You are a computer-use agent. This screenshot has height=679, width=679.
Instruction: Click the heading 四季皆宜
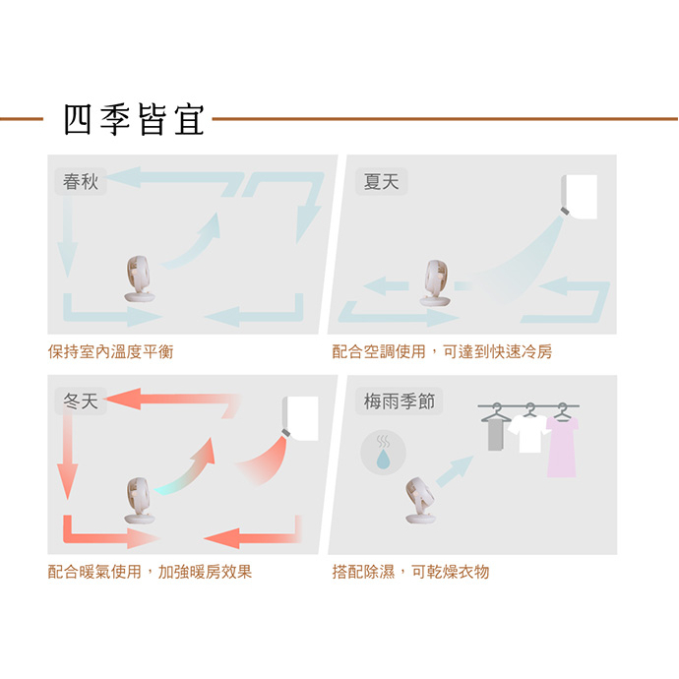tap(134, 119)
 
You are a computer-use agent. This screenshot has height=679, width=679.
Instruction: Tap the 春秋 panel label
tap(81, 181)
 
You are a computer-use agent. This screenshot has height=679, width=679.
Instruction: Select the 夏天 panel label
tap(381, 181)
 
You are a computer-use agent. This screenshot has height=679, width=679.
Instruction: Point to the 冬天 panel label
tap(81, 401)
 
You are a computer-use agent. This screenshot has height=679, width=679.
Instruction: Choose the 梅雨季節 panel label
tap(399, 401)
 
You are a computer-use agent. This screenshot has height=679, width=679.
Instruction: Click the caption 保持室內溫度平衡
tap(111, 351)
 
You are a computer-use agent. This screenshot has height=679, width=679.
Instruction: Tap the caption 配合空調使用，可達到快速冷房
tap(442, 351)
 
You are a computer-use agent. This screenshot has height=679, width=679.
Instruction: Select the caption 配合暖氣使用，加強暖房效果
tap(150, 572)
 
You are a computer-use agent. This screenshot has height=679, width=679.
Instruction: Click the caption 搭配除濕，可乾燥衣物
tap(410, 572)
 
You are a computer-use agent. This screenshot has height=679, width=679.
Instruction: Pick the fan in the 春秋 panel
tap(139, 279)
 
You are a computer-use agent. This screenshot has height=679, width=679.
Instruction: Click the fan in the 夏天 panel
tap(436, 283)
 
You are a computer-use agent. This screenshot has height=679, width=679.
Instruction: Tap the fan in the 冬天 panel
tap(139, 501)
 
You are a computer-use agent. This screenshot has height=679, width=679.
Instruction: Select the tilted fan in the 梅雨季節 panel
tap(420, 501)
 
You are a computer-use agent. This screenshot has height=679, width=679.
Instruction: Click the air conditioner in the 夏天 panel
tap(580, 196)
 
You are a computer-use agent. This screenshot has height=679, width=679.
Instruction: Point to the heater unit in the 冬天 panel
tap(300, 418)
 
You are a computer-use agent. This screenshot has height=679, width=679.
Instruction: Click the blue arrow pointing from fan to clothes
tap(455, 471)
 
